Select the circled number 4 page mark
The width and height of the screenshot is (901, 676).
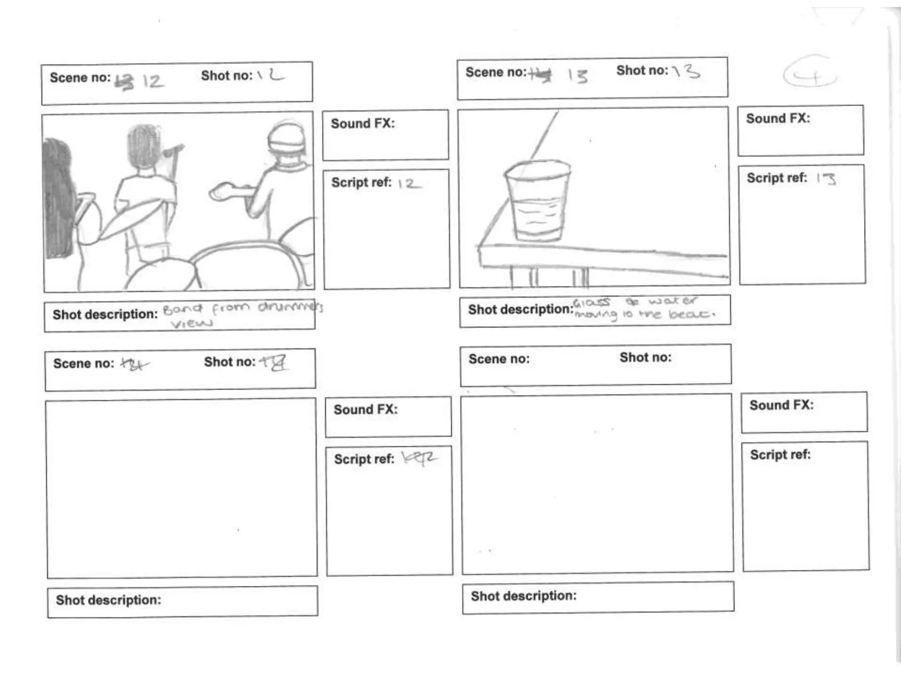coord(810,76)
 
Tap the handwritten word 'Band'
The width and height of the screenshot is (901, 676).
coord(183,309)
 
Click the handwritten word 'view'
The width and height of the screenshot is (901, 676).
coord(191,324)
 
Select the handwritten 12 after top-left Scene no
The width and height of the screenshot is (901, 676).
coord(153,81)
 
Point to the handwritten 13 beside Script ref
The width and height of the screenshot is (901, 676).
coord(826,178)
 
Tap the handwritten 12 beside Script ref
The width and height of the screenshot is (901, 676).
coord(409,183)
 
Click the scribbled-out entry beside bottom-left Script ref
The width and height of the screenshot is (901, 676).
coord(419,458)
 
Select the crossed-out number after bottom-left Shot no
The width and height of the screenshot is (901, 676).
coord(274,363)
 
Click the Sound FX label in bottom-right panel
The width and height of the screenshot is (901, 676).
coord(781,405)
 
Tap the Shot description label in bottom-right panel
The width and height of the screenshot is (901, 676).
coord(524,596)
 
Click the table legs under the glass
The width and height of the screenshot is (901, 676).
coord(550,277)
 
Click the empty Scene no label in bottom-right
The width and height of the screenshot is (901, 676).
coord(499,359)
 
